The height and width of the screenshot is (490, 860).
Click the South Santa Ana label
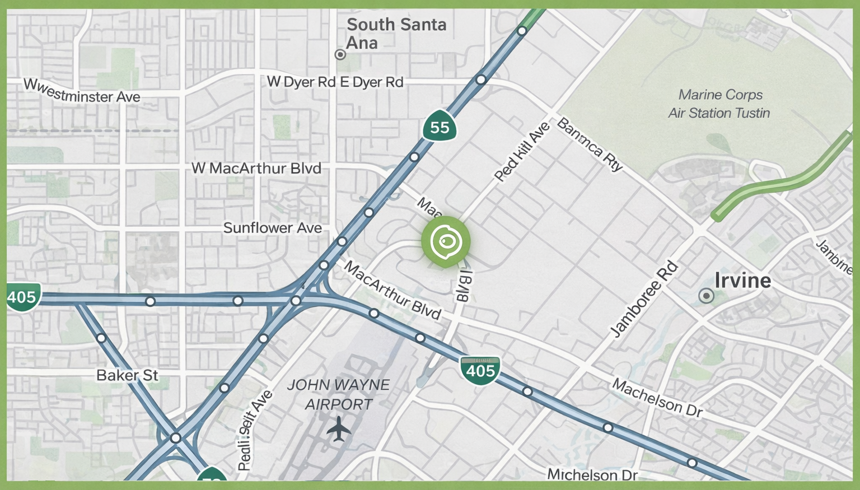point(396,34)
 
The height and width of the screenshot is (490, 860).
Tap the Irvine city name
point(742,281)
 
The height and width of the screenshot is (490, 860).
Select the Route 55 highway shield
point(440,127)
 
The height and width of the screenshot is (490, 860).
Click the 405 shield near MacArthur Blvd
point(480,370)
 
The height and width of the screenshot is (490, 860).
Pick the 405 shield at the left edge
point(22,297)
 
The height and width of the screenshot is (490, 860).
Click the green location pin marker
point(446,242)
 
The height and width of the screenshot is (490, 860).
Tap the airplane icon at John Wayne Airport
point(338,430)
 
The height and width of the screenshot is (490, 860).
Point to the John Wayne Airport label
point(338,394)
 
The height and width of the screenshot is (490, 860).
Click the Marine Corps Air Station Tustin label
point(719,104)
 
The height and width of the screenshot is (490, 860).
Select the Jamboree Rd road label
point(643,300)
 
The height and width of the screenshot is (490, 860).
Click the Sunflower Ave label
point(273,228)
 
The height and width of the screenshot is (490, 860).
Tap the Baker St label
point(127,375)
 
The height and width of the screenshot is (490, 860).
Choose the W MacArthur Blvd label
point(256,168)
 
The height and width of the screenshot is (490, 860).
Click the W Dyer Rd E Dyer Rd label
point(335,82)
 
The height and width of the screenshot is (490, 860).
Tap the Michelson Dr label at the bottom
point(592,475)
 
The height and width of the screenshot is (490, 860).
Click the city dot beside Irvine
point(707,296)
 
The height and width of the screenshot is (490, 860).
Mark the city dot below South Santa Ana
point(340,54)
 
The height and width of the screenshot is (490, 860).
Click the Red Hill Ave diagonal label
point(522,152)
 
